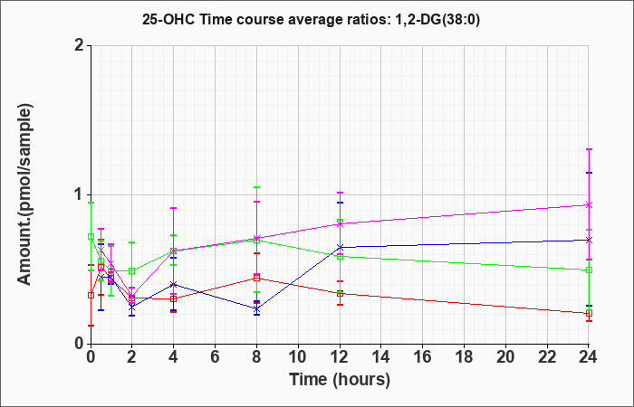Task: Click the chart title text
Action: coord(311,19)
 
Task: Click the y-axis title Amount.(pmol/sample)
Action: coord(24,194)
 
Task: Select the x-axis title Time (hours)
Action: coord(340,380)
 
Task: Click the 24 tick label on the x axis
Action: coord(589,357)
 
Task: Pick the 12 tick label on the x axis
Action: coord(340,357)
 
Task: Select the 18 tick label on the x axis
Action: coord(464,357)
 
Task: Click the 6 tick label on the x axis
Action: coord(216,357)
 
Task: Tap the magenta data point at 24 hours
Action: coord(589,205)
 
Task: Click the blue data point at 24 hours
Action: coord(589,240)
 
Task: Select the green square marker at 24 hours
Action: coord(589,270)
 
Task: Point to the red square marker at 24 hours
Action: coord(589,314)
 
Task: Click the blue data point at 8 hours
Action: coord(256,309)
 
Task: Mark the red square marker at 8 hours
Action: coord(256,278)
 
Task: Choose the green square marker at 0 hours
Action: coord(91,237)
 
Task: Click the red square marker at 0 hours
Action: coord(91,295)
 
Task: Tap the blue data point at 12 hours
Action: coord(340,247)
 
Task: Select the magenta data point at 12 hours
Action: coord(340,223)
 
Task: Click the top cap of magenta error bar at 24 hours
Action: coord(589,149)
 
